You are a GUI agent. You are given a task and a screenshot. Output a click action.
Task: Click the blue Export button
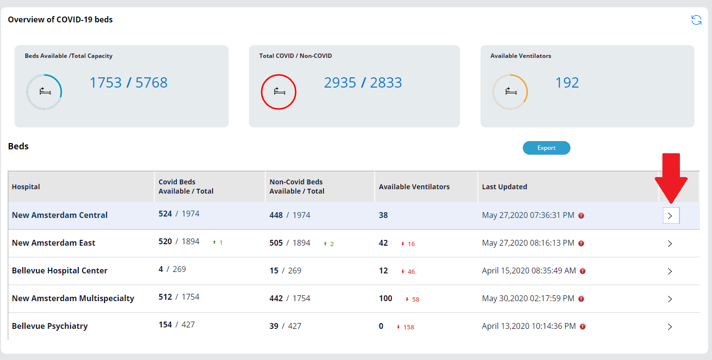[x=546, y=148]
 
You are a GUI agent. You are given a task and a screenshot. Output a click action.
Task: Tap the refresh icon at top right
[x=696, y=20]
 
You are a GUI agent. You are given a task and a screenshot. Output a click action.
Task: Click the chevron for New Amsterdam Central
[x=671, y=216]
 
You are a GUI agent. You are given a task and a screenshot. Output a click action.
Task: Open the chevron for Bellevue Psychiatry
[x=670, y=327]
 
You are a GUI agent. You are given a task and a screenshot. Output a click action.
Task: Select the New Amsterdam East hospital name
[x=53, y=243]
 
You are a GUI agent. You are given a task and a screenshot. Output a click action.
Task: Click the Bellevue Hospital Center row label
[x=59, y=270]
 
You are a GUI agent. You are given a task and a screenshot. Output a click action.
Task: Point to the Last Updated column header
[x=504, y=187]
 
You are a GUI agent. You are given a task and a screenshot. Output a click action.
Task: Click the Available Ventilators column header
[x=414, y=187]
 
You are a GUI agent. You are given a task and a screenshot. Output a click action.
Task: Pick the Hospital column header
[x=26, y=187]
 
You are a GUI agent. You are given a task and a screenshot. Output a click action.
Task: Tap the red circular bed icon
[x=279, y=91]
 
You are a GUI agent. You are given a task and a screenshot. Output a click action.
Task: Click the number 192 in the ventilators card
[x=567, y=83]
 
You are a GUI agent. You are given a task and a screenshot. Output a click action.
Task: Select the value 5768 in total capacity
[x=151, y=83]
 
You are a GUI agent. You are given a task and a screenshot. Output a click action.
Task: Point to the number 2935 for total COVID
[x=340, y=83]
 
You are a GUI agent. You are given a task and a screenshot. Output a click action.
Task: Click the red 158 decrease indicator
[x=408, y=327]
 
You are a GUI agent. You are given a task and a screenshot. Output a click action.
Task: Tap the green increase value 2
[x=332, y=244]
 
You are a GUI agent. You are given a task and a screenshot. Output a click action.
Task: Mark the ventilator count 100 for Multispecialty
[x=386, y=298]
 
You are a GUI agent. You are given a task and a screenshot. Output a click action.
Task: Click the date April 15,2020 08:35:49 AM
[x=529, y=270]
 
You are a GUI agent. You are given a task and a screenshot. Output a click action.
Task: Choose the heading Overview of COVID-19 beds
[x=60, y=20]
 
